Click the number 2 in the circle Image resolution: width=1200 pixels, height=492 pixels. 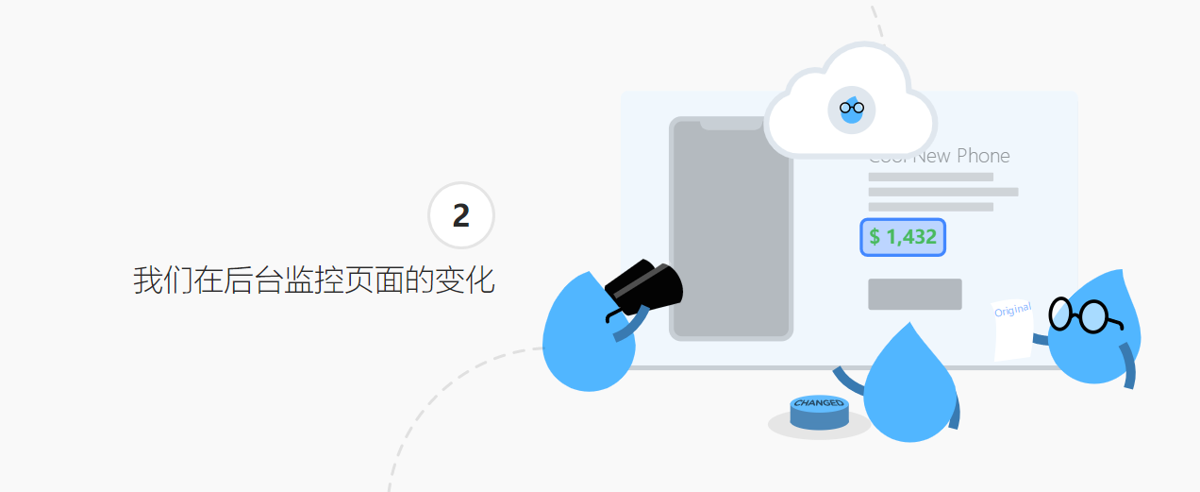[x=460, y=216]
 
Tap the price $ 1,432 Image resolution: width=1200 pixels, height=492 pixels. [x=903, y=237]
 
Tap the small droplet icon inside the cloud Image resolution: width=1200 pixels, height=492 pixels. [x=852, y=110]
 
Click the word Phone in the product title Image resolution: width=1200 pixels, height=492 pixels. [x=983, y=156]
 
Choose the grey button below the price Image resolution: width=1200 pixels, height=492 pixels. [x=914, y=294]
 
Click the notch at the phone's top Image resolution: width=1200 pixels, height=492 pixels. [x=730, y=124]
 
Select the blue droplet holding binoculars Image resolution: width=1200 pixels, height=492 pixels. [x=585, y=340]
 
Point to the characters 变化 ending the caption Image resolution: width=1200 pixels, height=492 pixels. [x=465, y=281]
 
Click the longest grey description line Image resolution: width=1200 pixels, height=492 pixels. [x=942, y=192]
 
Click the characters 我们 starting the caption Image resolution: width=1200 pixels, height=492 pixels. [x=163, y=281]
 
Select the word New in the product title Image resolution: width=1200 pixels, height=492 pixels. [x=931, y=156]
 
